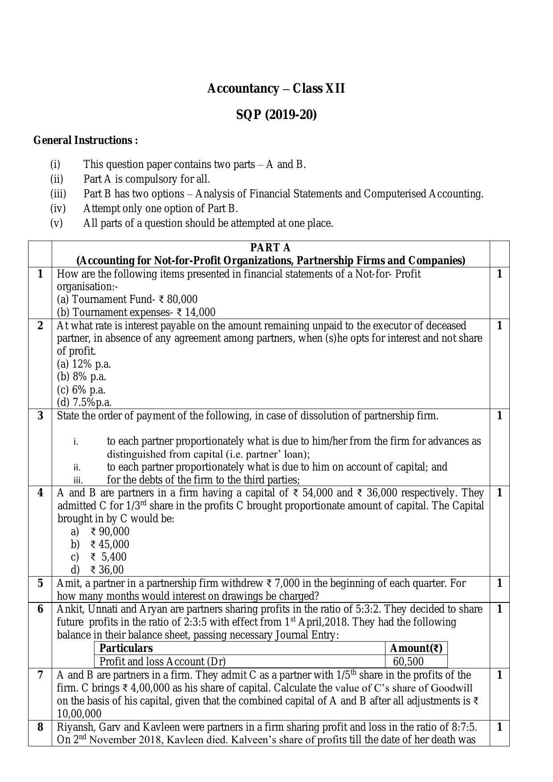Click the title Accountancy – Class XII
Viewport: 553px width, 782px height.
276,89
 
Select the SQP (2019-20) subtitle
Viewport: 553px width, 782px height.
276,115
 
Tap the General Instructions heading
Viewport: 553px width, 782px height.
86,140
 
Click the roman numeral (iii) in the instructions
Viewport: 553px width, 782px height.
58,194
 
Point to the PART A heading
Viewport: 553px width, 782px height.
270,248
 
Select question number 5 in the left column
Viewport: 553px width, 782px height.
40,583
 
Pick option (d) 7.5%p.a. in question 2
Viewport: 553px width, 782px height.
84,402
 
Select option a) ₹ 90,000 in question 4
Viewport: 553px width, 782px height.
110,532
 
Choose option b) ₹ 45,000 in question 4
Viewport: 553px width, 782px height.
110,545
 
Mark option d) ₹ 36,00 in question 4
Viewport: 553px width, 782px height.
107,570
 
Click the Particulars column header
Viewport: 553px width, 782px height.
126,648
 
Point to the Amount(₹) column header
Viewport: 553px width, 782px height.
416,648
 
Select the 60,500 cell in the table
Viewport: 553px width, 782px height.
408,661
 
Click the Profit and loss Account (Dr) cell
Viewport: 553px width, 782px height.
162,661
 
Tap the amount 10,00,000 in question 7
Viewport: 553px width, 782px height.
79,713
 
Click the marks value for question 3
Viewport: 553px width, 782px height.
499,416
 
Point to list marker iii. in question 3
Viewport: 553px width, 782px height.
78,480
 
